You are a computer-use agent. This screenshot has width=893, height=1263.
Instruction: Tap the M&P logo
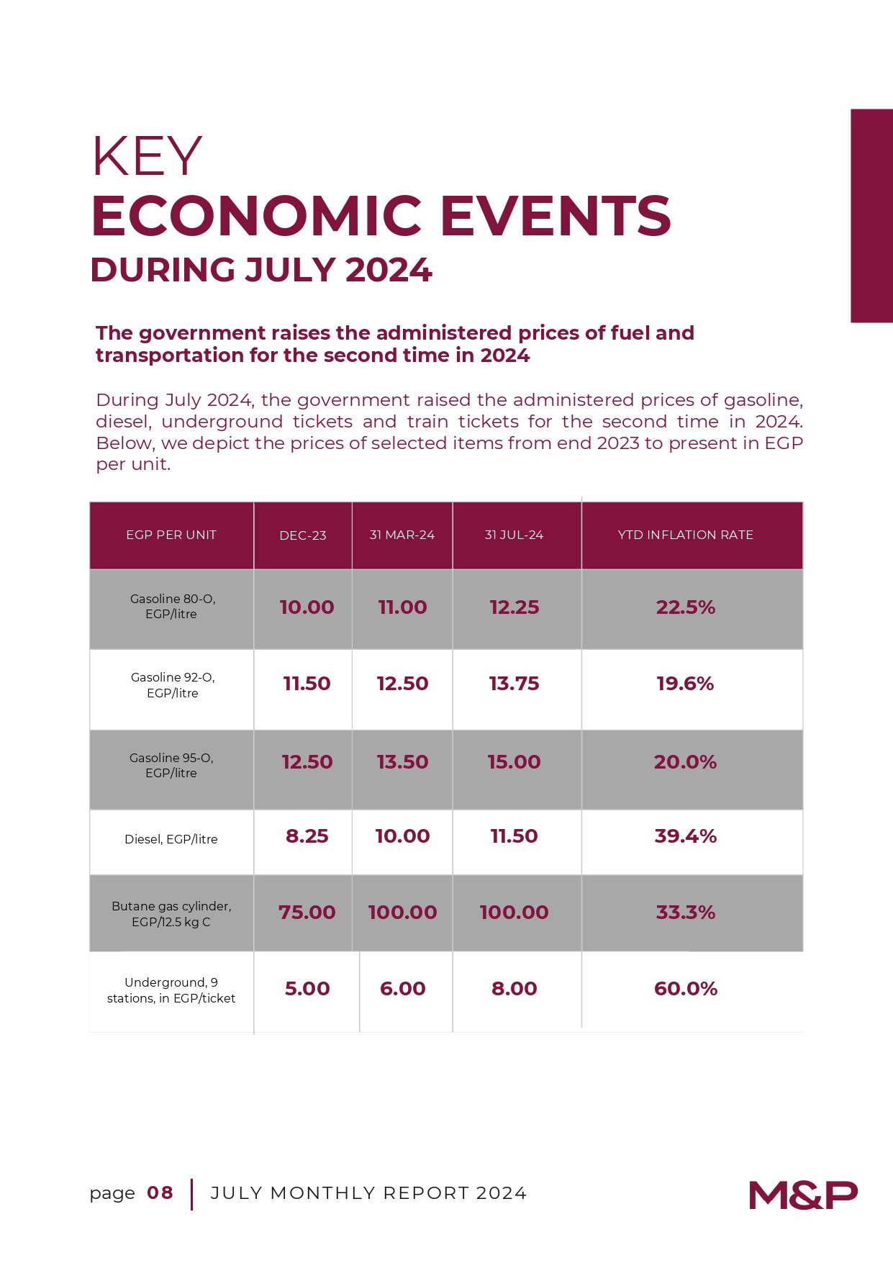coord(803,1195)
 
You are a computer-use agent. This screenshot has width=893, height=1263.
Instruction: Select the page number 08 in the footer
coord(160,1193)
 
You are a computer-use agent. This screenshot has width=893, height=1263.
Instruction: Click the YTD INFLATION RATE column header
coord(686,535)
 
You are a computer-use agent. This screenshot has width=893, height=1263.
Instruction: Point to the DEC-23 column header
coord(303,535)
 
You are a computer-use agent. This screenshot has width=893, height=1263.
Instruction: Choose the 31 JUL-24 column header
coord(514,535)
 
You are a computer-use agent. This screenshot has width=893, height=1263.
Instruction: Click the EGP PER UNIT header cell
coord(171,535)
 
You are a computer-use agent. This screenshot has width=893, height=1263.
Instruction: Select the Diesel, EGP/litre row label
coord(171,839)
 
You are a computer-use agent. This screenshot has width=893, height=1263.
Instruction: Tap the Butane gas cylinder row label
coord(171,914)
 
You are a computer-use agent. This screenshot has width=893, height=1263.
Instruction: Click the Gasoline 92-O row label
coord(173,685)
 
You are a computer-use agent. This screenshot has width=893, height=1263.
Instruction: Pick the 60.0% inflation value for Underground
coord(686,989)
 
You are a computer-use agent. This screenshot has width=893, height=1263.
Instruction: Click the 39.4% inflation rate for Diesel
coord(686,836)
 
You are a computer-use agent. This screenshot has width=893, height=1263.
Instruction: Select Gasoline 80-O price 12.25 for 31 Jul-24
coord(515,607)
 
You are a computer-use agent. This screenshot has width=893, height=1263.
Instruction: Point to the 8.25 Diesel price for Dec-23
coord(307,836)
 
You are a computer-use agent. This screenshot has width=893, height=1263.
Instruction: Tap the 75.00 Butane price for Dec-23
coord(307,913)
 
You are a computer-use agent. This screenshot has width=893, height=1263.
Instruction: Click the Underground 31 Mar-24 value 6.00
coord(403,989)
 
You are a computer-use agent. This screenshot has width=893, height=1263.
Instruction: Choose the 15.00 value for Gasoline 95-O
coord(514,762)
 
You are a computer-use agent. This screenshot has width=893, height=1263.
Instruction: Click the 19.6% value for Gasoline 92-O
coord(685,684)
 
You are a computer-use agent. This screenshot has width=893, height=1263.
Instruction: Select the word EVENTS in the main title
coord(556,216)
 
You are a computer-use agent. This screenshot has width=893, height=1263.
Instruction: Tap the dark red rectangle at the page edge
coord(872,216)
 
